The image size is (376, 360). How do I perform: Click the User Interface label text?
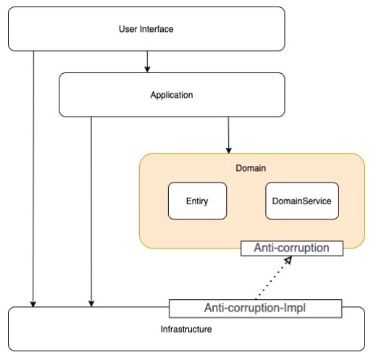pos(146,29)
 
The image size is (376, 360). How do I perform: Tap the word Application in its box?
pos(172,95)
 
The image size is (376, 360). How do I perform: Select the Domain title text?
pos(251,168)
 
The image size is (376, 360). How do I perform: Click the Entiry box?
pos(197,201)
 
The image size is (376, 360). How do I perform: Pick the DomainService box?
pos(302,201)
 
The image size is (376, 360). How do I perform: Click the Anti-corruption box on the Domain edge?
pos(292,248)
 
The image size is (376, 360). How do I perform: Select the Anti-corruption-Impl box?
pos(255,309)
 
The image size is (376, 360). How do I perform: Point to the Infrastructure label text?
pos(186,329)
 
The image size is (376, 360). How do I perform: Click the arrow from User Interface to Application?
pos(147,62)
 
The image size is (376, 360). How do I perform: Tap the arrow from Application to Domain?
pos(228,135)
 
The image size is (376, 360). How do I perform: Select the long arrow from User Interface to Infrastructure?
pos(33,179)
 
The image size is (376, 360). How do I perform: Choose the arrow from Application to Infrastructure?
pos(91,212)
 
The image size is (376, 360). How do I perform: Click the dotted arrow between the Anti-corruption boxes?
pos(274,277)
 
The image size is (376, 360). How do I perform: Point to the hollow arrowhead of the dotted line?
pos(288,260)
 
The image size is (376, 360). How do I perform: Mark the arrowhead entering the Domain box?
pos(229,150)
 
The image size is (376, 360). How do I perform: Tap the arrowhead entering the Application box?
pos(147,70)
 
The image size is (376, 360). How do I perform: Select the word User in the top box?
pos(128,29)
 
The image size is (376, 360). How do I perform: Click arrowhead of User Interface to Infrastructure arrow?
pos(33,304)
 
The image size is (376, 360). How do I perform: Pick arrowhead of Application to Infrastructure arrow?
pos(91,304)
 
